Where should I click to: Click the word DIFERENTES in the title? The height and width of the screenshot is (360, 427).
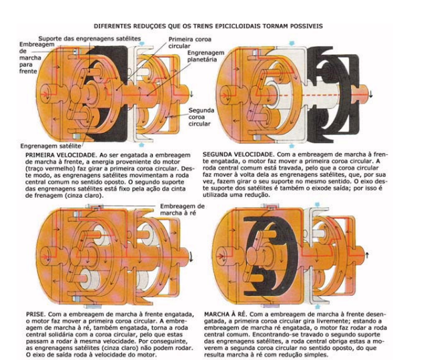[x=112, y=26]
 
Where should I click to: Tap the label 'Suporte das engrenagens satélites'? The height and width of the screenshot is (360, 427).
[x=89, y=39]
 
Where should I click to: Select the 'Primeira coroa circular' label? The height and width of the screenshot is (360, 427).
[x=189, y=43]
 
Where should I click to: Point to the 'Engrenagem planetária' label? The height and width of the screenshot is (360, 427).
[x=205, y=56]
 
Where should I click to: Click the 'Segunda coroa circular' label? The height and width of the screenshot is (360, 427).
[x=201, y=117]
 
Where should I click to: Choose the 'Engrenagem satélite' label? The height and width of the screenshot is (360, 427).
[x=51, y=146]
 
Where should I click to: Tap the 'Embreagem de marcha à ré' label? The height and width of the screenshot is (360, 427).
[x=182, y=209]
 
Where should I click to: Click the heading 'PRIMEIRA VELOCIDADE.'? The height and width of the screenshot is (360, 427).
[x=61, y=155]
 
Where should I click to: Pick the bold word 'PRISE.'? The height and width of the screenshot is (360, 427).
[x=35, y=314]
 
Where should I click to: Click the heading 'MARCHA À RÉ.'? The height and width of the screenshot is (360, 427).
[x=225, y=314]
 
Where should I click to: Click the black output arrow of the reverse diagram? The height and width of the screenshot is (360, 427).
[x=367, y=255]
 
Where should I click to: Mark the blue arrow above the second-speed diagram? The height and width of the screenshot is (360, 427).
[x=292, y=43]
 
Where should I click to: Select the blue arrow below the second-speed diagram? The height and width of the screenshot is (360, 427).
[x=292, y=146]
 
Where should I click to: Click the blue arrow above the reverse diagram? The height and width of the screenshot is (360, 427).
[x=317, y=204]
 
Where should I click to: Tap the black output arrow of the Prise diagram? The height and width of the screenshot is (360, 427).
[x=191, y=256]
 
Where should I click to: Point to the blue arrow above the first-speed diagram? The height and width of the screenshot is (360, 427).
[x=141, y=43]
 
